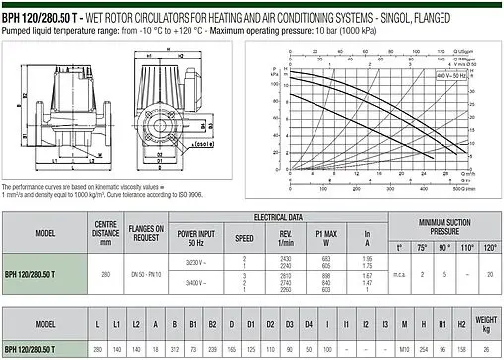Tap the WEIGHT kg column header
(487, 325)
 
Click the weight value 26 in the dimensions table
(487, 351)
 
